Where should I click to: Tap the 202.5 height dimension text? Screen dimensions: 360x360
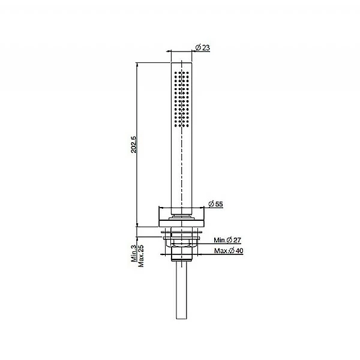(134, 145)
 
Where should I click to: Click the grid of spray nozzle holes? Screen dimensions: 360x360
(181, 100)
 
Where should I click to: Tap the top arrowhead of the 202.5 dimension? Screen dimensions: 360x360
(137, 64)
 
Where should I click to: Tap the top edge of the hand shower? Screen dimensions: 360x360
(181, 61)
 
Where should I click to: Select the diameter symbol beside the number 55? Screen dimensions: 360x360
(210, 204)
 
